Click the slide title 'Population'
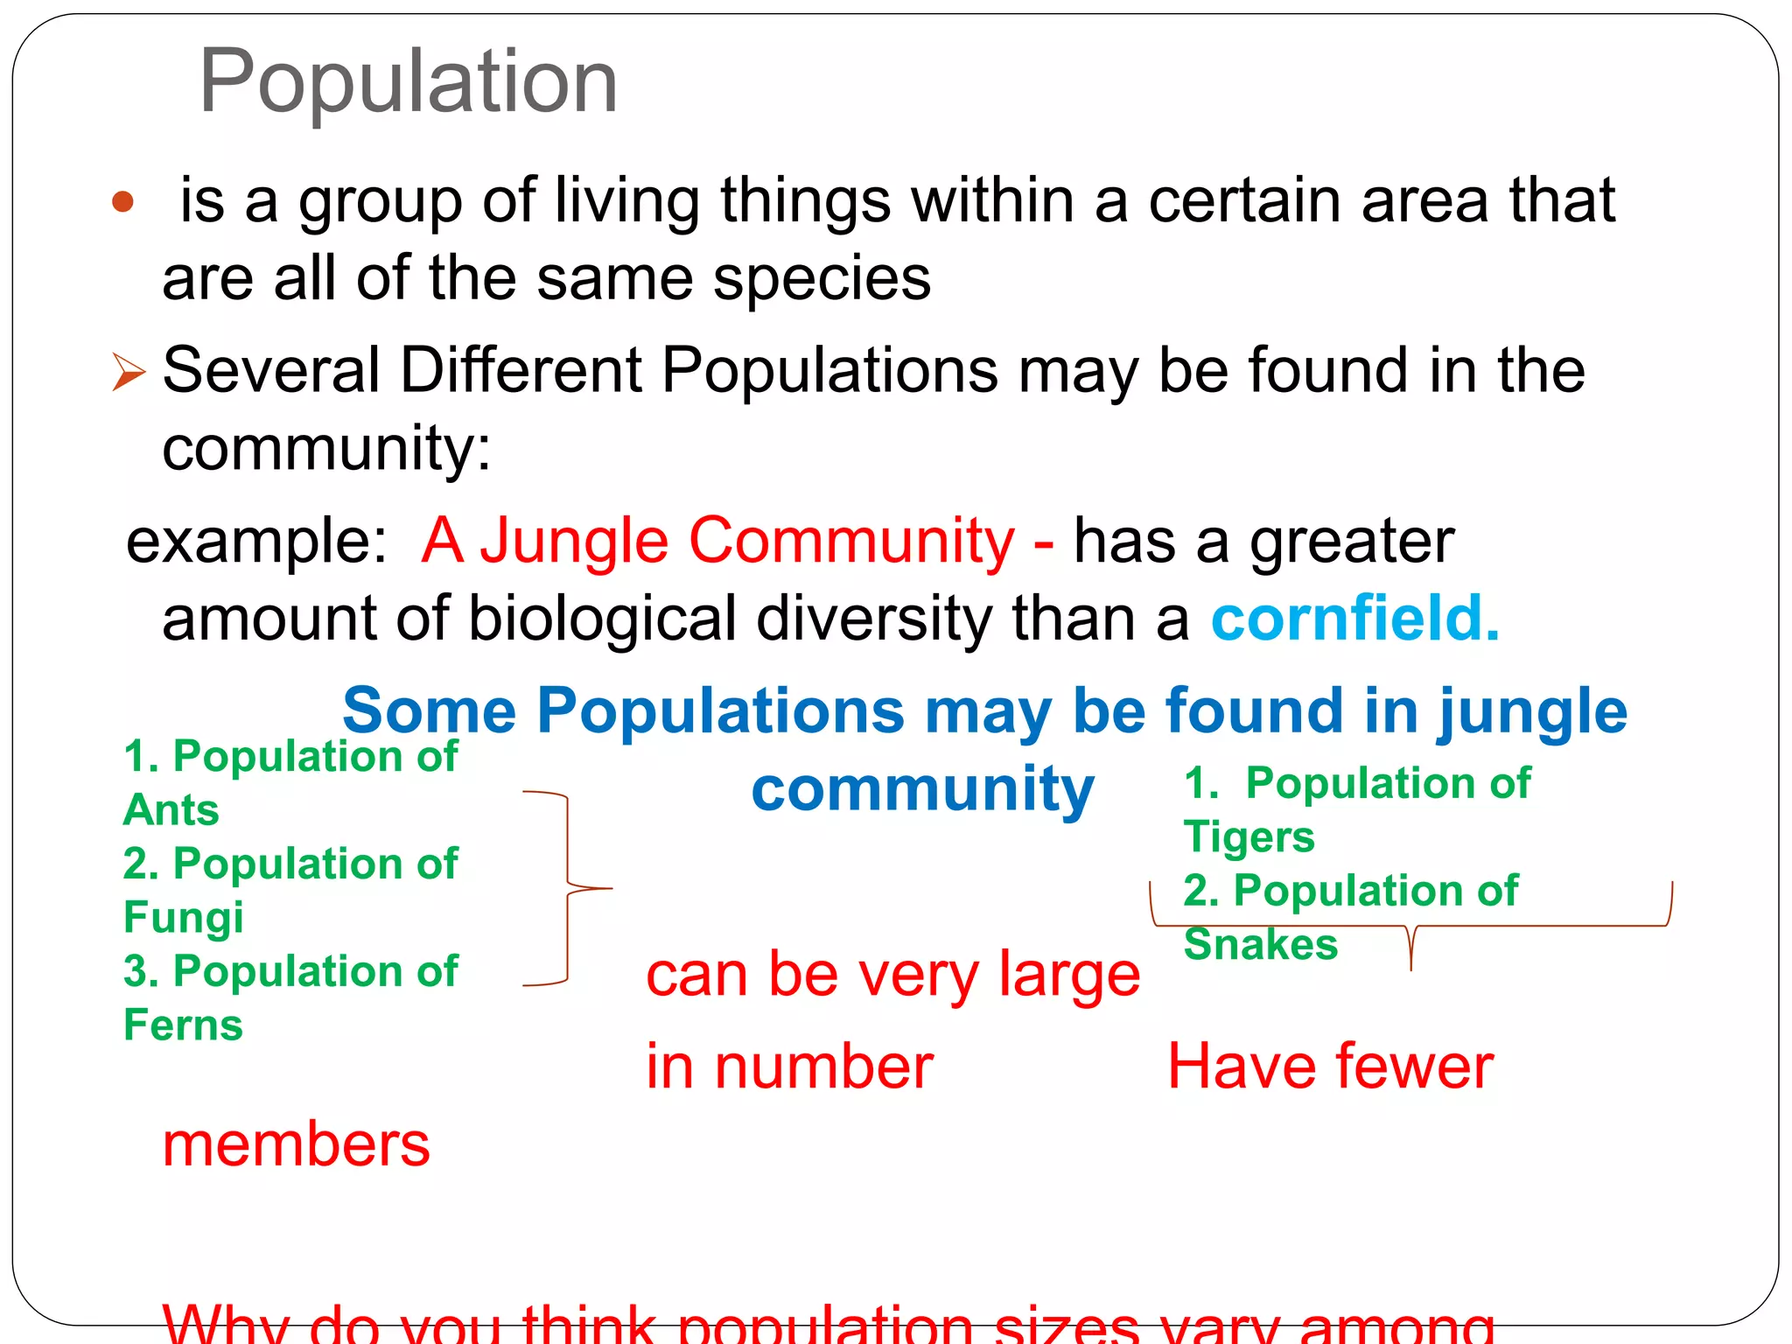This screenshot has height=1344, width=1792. pyautogui.click(x=409, y=80)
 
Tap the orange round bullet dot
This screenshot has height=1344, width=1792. pyautogui.click(x=123, y=202)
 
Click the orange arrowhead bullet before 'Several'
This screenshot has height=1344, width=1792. pyautogui.click(x=129, y=372)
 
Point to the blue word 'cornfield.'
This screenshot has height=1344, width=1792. pyautogui.click(x=1355, y=619)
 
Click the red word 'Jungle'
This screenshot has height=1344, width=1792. pyautogui.click(x=574, y=542)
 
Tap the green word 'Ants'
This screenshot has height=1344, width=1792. pyautogui.click(x=171, y=810)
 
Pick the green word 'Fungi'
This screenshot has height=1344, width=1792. pyautogui.click(x=184, y=918)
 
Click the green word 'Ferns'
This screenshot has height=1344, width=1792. pyautogui.click(x=183, y=1025)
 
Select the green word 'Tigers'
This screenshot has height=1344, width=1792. pyautogui.click(x=1249, y=837)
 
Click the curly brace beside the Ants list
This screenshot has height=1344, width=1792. pyautogui.click(x=569, y=888)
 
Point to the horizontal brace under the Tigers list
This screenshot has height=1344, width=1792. pyautogui.click(x=1410, y=927)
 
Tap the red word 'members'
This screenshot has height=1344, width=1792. pyautogui.click(x=297, y=1144)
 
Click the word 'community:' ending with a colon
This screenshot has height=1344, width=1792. pyautogui.click(x=326, y=449)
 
